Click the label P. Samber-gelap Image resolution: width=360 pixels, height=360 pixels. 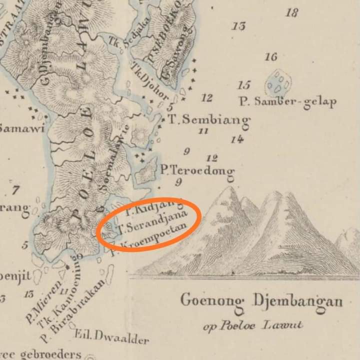click(287, 102)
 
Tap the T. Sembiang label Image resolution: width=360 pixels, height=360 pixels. click(208, 120)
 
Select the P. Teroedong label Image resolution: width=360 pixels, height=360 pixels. click(197, 170)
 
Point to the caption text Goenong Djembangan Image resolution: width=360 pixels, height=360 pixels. click(261, 301)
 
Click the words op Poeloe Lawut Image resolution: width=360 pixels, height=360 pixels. click(253, 325)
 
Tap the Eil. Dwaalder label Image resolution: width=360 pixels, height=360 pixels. click(111, 337)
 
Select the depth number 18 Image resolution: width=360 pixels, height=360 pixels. click(291, 12)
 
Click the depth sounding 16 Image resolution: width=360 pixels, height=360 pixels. click(270, 57)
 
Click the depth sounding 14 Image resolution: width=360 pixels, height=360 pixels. click(237, 139)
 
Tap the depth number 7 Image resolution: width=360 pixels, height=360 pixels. click(15, 190)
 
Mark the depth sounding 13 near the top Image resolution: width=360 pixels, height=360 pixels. click(239, 25)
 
